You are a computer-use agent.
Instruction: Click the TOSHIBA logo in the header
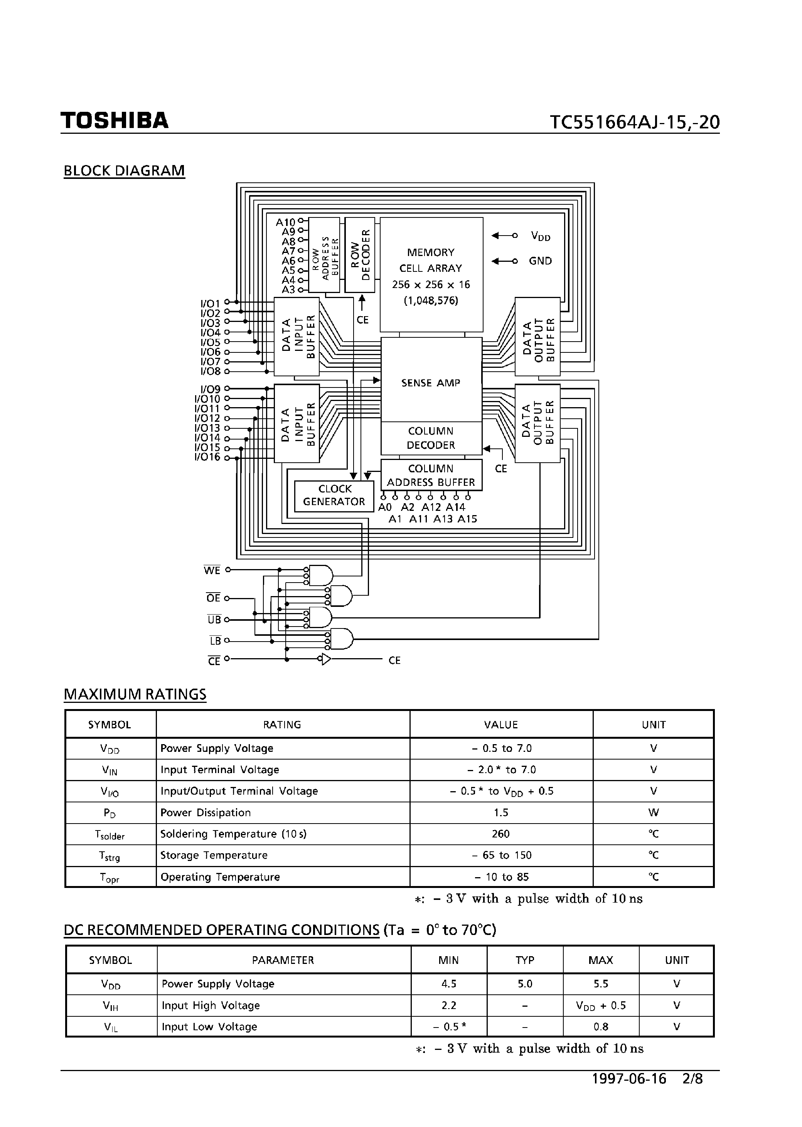115,121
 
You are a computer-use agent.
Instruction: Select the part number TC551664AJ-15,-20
635,122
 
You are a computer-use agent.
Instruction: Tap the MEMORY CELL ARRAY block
431,275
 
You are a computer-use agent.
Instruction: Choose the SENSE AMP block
431,383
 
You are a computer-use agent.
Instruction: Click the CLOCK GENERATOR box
334,495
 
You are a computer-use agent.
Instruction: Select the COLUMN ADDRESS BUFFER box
431,475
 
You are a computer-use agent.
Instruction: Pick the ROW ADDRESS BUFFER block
324,255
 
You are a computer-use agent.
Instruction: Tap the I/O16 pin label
207,457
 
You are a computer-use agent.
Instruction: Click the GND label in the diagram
540,261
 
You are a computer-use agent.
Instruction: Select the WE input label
212,570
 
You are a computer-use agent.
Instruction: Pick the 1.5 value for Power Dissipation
501,812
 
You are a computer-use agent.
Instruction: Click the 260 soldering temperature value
501,834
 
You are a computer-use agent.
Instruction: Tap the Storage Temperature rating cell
214,855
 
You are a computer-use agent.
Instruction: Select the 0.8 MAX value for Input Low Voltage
600,1027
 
